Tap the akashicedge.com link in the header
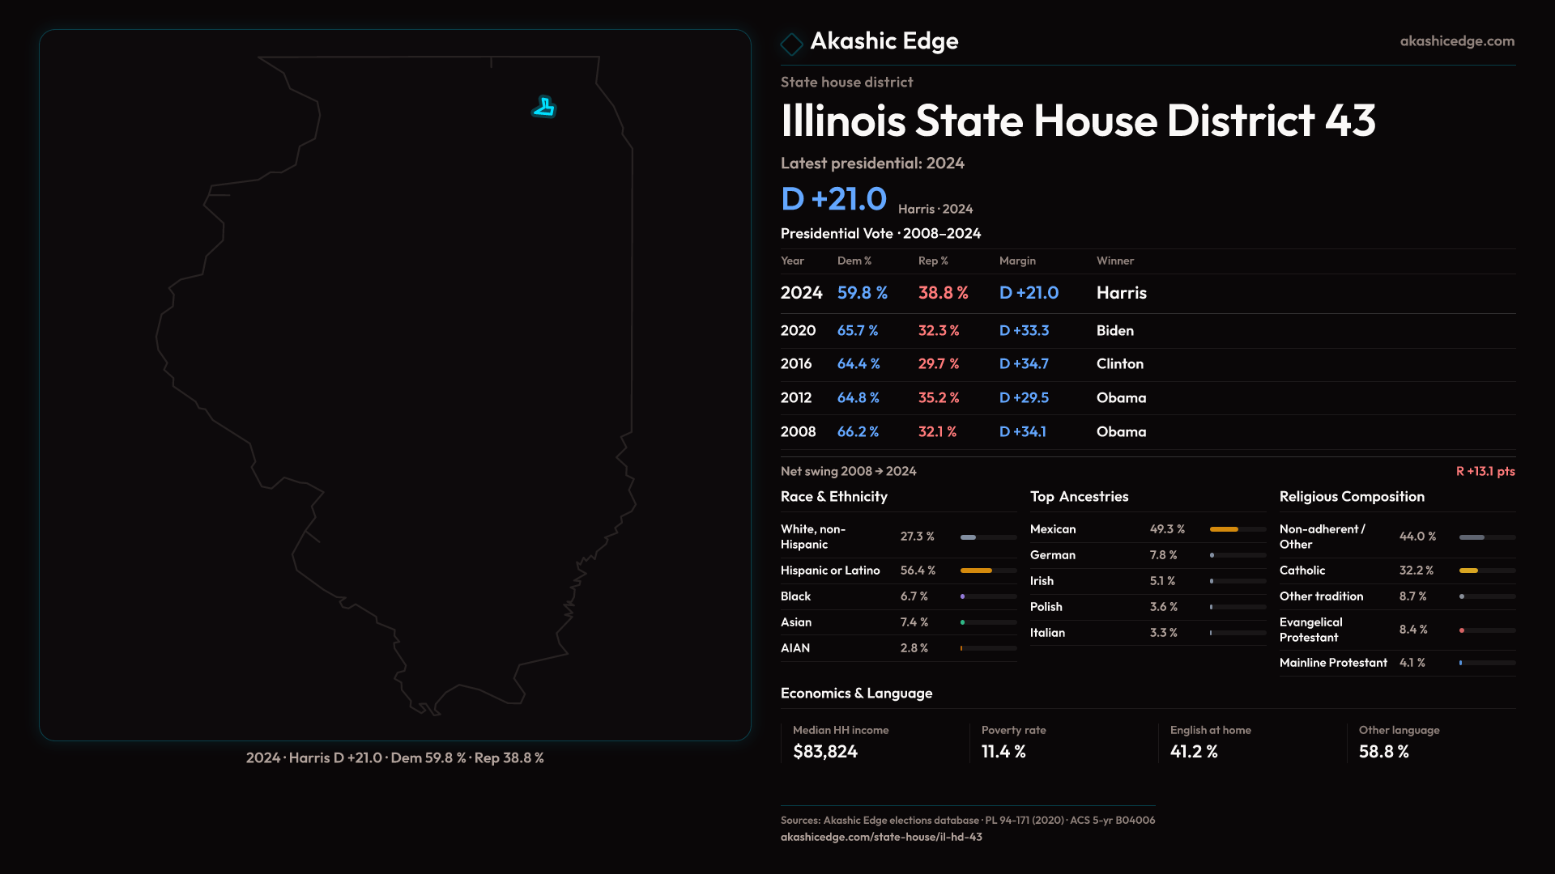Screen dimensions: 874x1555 pyautogui.click(x=1457, y=41)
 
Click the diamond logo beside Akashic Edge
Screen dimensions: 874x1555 pyautogui.click(x=791, y=43)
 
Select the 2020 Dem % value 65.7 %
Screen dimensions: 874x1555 pyautogui.click(x=857, y=331)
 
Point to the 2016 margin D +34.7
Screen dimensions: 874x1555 pyautogui.click(x=1024, y=364)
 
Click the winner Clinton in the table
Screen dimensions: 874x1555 pyautogui.click(x=1119, y=364)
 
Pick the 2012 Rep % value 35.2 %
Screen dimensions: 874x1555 pyautogui.click(x=938, y=398)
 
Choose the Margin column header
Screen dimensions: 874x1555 pyautogui.click(x=1017, y=261)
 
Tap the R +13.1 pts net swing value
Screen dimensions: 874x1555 pyautogui.click(x=1485, y=472)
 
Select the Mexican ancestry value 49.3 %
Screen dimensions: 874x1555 pyautogui.click(x=1167, y=529)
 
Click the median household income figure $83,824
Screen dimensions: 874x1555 pyautogui.click(x=824, y=752)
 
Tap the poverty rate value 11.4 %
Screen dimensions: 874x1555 pyautogui.click(x=1003, y=752)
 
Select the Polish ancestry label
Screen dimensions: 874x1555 pyautogui.click(x=1046, y=607)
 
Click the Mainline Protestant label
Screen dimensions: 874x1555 pyautogui.click(x=1333, y=663)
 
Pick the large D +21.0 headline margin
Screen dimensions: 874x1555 pyautogui.click(x=833, y=199)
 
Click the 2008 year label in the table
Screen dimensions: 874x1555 pyautogui.click(x=798, y=432)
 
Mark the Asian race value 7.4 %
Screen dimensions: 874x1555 pyautogui.click(x=914, y=622)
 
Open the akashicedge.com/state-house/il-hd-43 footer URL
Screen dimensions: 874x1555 pyautogui.click(x=881, y=838)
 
